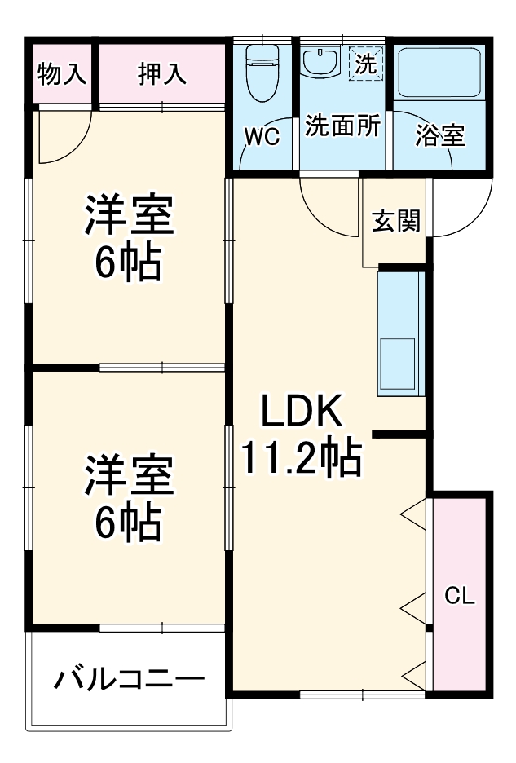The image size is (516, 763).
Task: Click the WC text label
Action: pos(262,136)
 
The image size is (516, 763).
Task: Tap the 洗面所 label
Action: pos(342,126)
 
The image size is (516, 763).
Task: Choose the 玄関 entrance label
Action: pos(395,221)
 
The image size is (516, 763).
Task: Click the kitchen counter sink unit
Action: pos(400,334)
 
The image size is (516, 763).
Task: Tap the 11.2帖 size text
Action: pos(300,461)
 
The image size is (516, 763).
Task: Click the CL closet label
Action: pos(459,596)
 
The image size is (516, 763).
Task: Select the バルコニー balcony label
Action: pos(129,679)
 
